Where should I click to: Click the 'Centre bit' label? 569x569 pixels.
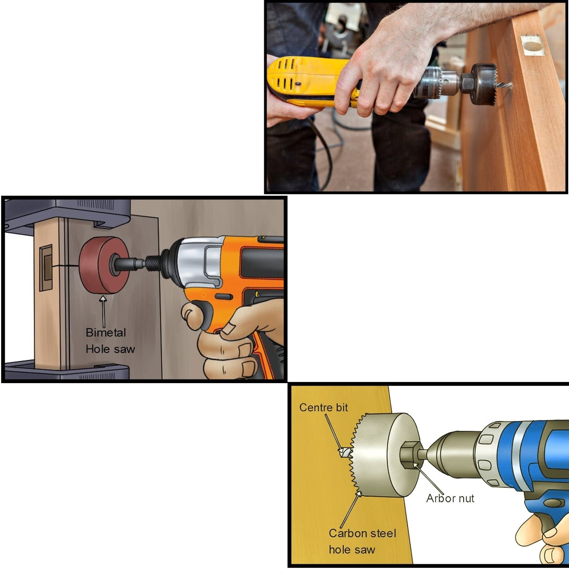coord(323,408)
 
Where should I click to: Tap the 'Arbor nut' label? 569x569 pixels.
coord(450,499)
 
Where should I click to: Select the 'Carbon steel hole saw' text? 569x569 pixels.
coord(362,541)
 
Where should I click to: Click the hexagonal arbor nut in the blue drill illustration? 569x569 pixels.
coord(411,455)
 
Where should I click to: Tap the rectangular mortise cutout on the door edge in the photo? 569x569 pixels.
coord(533,46)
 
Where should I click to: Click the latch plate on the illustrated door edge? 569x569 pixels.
coord(46,268)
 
